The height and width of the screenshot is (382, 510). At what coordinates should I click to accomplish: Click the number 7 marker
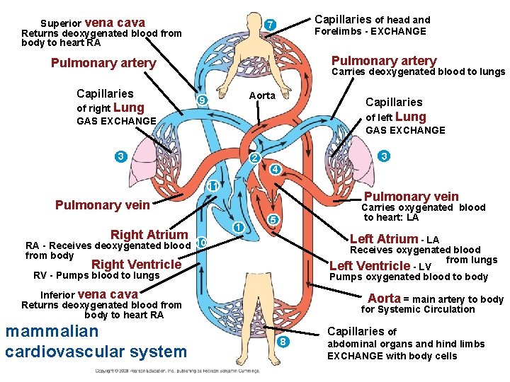click(x=270, y=25)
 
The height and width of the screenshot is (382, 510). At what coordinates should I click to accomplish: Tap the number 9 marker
click(x=202, y=101)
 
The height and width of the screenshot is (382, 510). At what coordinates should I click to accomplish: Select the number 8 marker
click(x=283, y=342)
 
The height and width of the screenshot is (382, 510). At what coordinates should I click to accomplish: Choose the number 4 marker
click(x=276, y=170)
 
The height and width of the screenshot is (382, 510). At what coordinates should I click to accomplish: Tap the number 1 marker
click(x=239, y=227)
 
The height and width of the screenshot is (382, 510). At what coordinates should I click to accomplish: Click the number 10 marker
click(x=200, y=243)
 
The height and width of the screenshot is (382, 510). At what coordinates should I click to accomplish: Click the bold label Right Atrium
click(x=149, y=235)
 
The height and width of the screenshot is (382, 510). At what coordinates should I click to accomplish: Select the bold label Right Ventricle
click(x=137, y=265)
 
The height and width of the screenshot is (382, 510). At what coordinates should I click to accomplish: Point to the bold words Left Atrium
click(x=384, y=239)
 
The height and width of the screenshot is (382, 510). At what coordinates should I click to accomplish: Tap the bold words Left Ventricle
click(x=370, y=266)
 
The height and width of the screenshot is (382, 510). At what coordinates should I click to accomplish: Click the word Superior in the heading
click(x=62, y=23)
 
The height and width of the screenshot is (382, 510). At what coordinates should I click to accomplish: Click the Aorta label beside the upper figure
click(x=261, y=95)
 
